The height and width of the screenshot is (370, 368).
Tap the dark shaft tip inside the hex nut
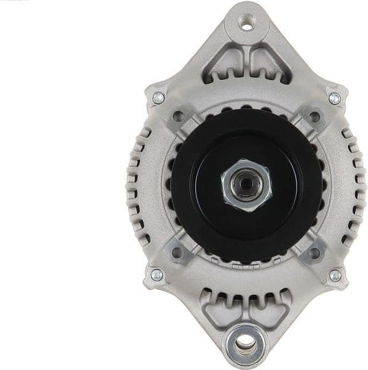point(246,184)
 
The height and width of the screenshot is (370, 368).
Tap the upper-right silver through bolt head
point(334,98)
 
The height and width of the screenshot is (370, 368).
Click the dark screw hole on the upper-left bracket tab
point(180,115)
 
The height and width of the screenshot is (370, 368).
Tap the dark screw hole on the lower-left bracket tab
point(179,252)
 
